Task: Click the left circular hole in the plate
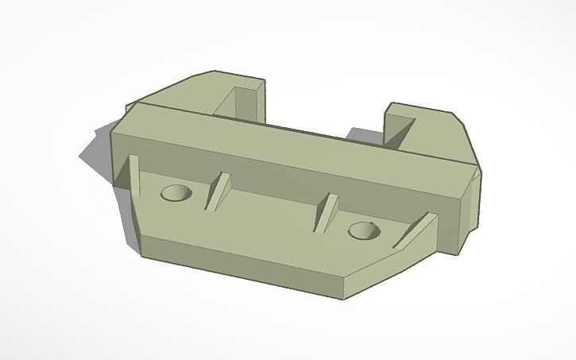click(x=176, y=192)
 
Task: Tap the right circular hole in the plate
click(x=363, y=230)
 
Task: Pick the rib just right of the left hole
click(x=217, y=191)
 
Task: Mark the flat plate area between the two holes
click(x=270, y=219)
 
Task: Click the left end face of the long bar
click(x=119, y=155)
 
